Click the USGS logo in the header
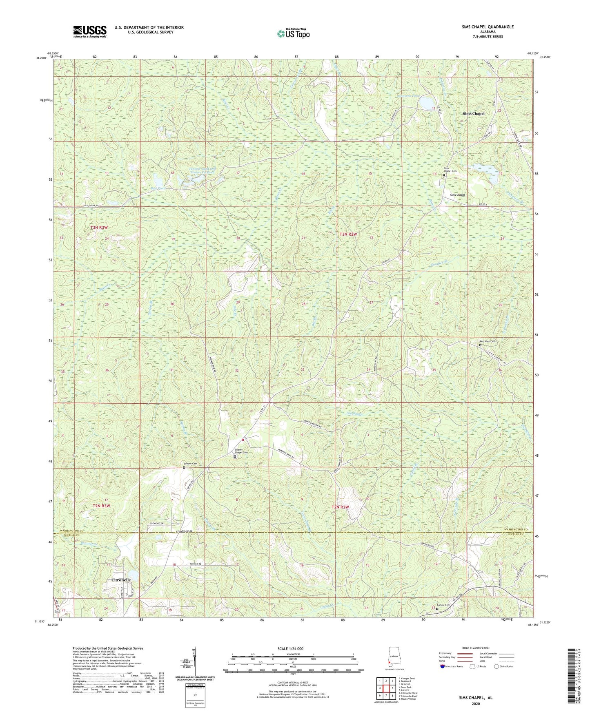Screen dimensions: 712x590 pos(90,31)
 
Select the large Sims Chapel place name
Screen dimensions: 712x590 pos(473,113)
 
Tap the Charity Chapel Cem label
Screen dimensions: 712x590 pos(241,452)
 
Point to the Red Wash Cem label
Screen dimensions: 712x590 pos(487,341)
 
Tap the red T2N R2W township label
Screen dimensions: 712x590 pos(340,507)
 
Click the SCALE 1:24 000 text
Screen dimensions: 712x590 pos(289,649)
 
